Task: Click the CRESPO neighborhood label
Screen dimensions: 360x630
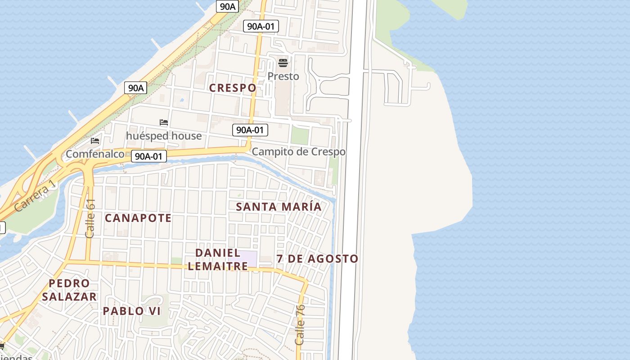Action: click(233, 88)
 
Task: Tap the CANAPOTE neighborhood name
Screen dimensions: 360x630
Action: click(138, 218)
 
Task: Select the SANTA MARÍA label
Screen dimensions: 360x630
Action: click(279, 207)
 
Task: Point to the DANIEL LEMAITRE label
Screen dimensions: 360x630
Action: click(218, 259)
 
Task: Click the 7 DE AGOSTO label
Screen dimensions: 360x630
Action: click(317, 259)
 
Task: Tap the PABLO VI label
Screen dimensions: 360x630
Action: click(131, 311)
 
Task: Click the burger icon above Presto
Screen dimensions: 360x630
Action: click(283, 63)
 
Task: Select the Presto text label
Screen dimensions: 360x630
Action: click(283, 76)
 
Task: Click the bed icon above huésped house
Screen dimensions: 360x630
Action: click(164, 122)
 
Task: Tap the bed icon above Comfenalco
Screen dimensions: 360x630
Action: click(95, 141)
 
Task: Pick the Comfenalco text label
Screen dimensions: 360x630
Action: click(95, 154)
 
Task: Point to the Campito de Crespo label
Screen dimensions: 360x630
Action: click(298, 152)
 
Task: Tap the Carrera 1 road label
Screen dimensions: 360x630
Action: click(36, 196)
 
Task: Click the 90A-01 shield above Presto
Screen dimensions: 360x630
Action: click(261, 26)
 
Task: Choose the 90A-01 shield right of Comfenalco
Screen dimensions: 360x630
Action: click(149, 156)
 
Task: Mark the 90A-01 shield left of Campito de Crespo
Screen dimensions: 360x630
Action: click(250, 130)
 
